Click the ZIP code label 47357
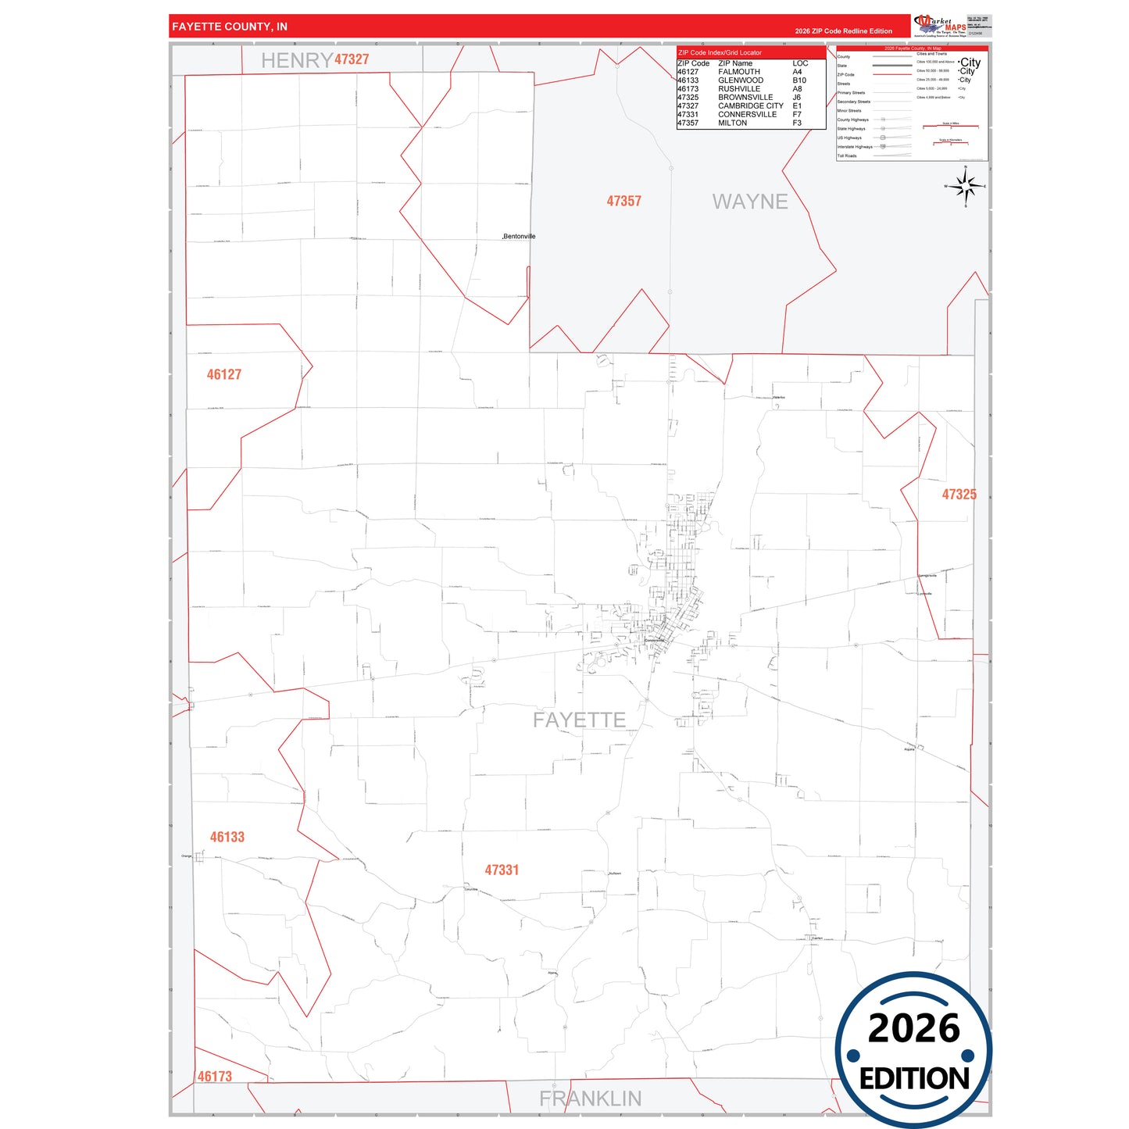pos(623,201)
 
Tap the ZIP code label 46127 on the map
pos(223,374)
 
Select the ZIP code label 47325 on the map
pos(959,495)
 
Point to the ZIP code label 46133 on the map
pos(227,837)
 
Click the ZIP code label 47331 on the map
pos(502,870)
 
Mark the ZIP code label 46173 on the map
pos(214,1076)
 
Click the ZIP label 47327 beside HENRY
pos(352,59)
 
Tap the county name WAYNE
pos(749,202)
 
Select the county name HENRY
pos(296,60)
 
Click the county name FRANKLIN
pos(590,1099)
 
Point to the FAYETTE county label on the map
pos(579,720)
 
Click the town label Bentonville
pos(520,236)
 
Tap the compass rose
pos(966,187)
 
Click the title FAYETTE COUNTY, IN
pos(230,27)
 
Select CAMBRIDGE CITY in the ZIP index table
pos(750,105)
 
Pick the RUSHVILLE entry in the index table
pos(738,89)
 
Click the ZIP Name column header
pos(735,63)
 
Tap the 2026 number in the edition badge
pos(913,1028)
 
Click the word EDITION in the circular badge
pos(913,1078)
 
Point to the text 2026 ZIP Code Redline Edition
pos(843,31)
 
